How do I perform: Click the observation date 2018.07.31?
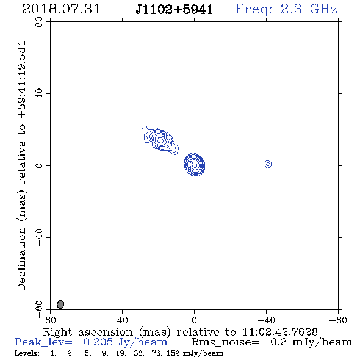point(61,9)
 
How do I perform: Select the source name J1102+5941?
point(175,9)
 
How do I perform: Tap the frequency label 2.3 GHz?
point(309,9)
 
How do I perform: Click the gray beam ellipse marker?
point(60,304)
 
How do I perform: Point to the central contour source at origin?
point(195,164)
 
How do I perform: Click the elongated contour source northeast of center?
point(160,140)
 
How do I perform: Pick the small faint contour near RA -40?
point(268,164)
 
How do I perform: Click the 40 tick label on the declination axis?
point(39,94)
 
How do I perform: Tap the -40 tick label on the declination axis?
point(39,237)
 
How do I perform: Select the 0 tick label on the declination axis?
point(39,165)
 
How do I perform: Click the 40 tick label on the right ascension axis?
point(122,320)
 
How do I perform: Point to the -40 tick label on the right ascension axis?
point(266,320)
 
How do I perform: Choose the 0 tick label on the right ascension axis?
point(194,320)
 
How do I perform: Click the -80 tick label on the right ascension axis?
point(338,320)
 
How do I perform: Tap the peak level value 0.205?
point(98,342)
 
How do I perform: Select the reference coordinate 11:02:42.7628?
point(280,332)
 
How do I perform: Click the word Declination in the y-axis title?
point(21,259)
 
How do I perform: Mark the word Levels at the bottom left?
point(26,353)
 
